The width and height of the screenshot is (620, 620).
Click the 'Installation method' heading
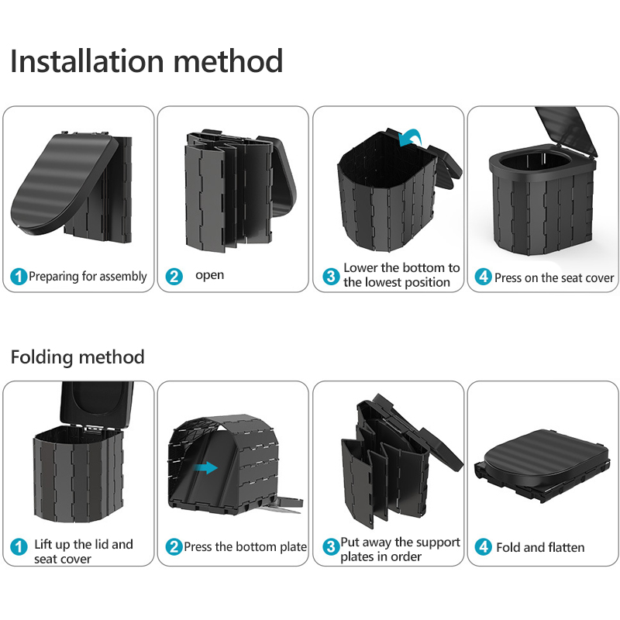pos(146,60)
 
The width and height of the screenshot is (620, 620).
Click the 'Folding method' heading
pos(77,357)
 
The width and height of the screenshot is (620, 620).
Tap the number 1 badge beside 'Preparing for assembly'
pos(19,277)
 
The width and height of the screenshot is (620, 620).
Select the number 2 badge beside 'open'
pos(174,276)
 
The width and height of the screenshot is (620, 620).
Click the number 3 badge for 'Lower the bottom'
pos(331,276)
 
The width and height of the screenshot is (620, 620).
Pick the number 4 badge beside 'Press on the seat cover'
pos(484,277)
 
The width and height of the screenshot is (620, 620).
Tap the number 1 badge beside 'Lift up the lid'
pos(19,547)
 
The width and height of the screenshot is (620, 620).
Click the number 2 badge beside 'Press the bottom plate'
pos(174,547)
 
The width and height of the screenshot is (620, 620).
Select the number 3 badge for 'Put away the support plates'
pos(331,547)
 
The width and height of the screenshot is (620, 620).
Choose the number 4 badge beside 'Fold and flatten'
pos(484,547)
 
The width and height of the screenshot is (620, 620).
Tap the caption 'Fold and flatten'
pos(540,547)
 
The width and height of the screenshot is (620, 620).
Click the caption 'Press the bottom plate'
pos(245,547)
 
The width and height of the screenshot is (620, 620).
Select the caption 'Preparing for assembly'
pos(88,277)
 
